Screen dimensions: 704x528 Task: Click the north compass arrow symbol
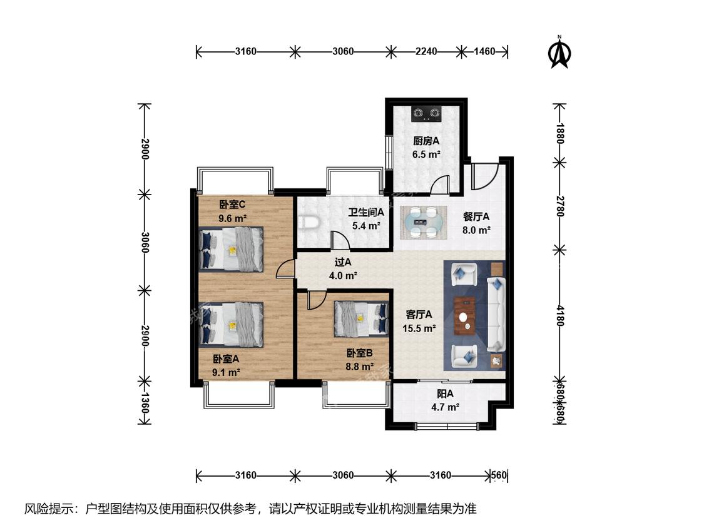coord(559,53)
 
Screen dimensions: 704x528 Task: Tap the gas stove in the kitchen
coord(427,114)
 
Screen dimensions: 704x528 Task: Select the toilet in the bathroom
coord(309,223)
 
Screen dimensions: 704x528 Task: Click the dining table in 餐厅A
coord(424,221)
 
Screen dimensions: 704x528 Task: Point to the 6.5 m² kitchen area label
coord(426,155)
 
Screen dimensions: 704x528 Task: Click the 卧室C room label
coord(232,205)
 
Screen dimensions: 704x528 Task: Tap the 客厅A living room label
coord(419,314)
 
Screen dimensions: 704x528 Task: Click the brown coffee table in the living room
coord(465,316)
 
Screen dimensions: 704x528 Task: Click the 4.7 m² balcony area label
coord(445,407)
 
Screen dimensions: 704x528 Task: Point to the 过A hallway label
coord(343,261)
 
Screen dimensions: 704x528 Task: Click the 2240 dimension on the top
coord(426,51)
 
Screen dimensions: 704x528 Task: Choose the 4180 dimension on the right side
coord(560,316)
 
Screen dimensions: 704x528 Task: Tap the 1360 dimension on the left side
coord(145,403)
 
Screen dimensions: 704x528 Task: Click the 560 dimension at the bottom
coord(499,475)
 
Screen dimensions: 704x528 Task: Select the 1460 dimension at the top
coord(484,51)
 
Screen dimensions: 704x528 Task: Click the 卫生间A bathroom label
coord(366,212)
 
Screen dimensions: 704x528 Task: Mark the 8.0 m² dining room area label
coord(476,230)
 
